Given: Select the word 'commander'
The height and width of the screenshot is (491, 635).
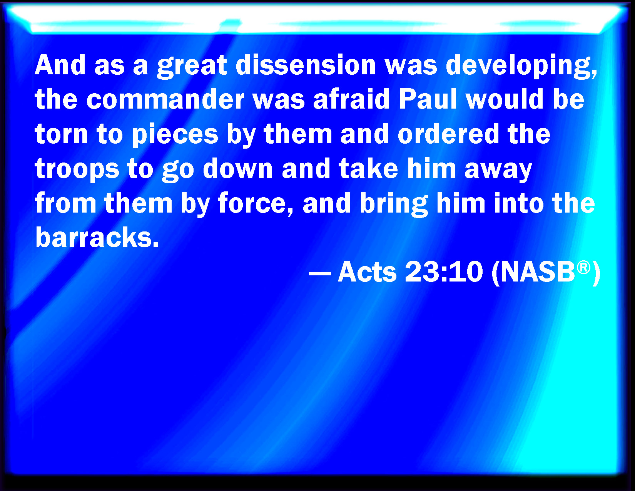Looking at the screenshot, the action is point(165,99).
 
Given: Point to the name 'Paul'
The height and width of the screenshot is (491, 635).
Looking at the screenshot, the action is point(428,99).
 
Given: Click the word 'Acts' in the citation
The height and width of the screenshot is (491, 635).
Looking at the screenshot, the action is point(367,271).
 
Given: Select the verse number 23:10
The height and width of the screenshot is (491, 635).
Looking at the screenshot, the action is point(444,271).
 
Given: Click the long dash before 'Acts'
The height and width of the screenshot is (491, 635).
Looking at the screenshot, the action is point(320,274).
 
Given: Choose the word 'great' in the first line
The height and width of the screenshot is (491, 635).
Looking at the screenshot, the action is point(192,66).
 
